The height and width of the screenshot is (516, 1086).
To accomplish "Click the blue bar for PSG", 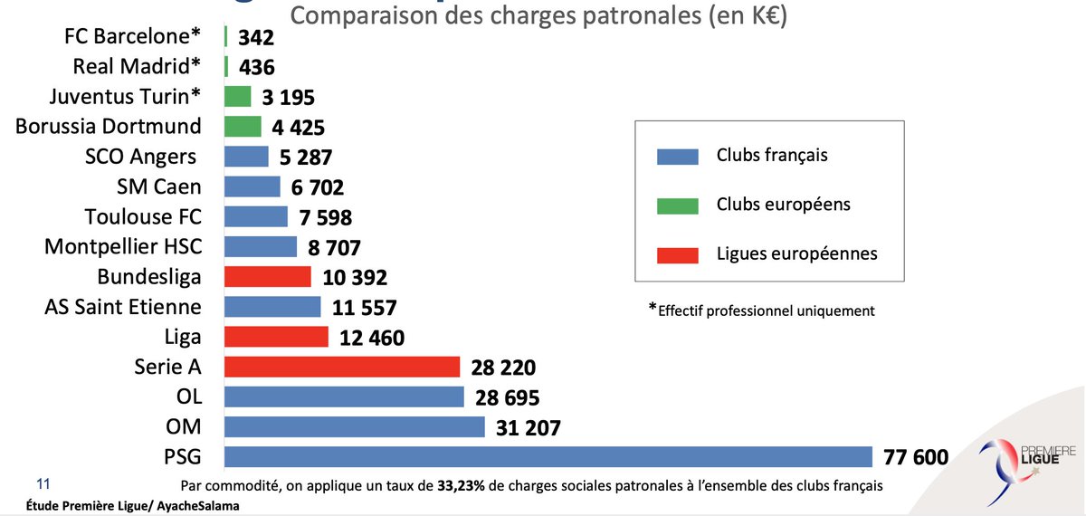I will click(548, 457).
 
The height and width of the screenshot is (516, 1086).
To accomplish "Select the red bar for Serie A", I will click(342, 367).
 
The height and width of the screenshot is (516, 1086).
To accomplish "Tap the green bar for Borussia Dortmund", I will click(243, 127).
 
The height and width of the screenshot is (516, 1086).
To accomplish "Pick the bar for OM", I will click(355, 427).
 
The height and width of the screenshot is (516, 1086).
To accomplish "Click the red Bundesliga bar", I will click(267, 276).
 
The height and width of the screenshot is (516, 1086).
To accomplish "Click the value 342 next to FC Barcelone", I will click(256, 38).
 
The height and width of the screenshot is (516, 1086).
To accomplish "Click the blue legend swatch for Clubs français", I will click(677, 157).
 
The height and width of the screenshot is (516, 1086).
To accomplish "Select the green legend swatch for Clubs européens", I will click(677, 205).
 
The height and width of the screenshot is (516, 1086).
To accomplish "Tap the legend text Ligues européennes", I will click(796, 253).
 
